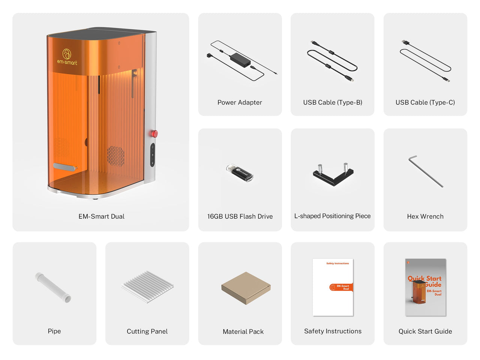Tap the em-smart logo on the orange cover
pyautogui.click(x=67, y=57)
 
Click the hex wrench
pyautogui.click(x=426, y=171)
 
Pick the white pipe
pyautogui.click(x=53, y=287)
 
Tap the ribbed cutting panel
pyautogui.click(x=147, y=287)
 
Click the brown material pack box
pyautogui.click(x=246, y=288)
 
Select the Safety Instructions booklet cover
pyautogui.click(x=333, y=287)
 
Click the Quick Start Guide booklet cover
pyautogui.click(x=426, y=287)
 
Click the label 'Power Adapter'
pyautogui.click(x=240, y=102)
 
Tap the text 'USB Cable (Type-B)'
pyautogui.click(x=333, y=102)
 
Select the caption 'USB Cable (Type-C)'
pyautogui.click(x=425, y=102)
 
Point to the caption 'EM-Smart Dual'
pyautogui.click(x=102, y=216)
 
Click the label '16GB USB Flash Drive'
pyautogui.click(x=240, y=216)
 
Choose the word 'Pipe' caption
pyautogui.click(x=54, y=331)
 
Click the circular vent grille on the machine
pyautogui.click(x=115, y=156)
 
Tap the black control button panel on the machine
pyautogui.click(x=152, y=155)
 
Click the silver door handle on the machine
pyautogui.click(x=65, y=167)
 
